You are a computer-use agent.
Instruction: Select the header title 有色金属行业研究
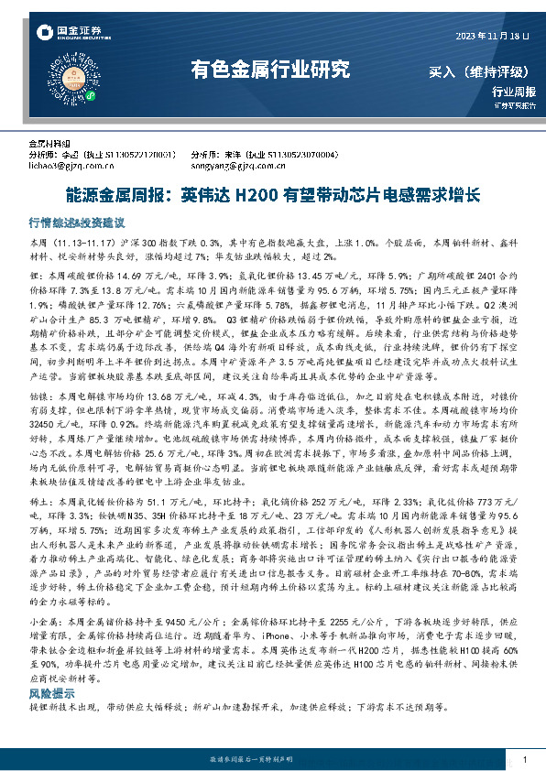[x=269, y=69]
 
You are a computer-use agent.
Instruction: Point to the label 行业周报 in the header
[x=508, y=92]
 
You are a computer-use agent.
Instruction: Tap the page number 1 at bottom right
[x=523, y=760]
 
